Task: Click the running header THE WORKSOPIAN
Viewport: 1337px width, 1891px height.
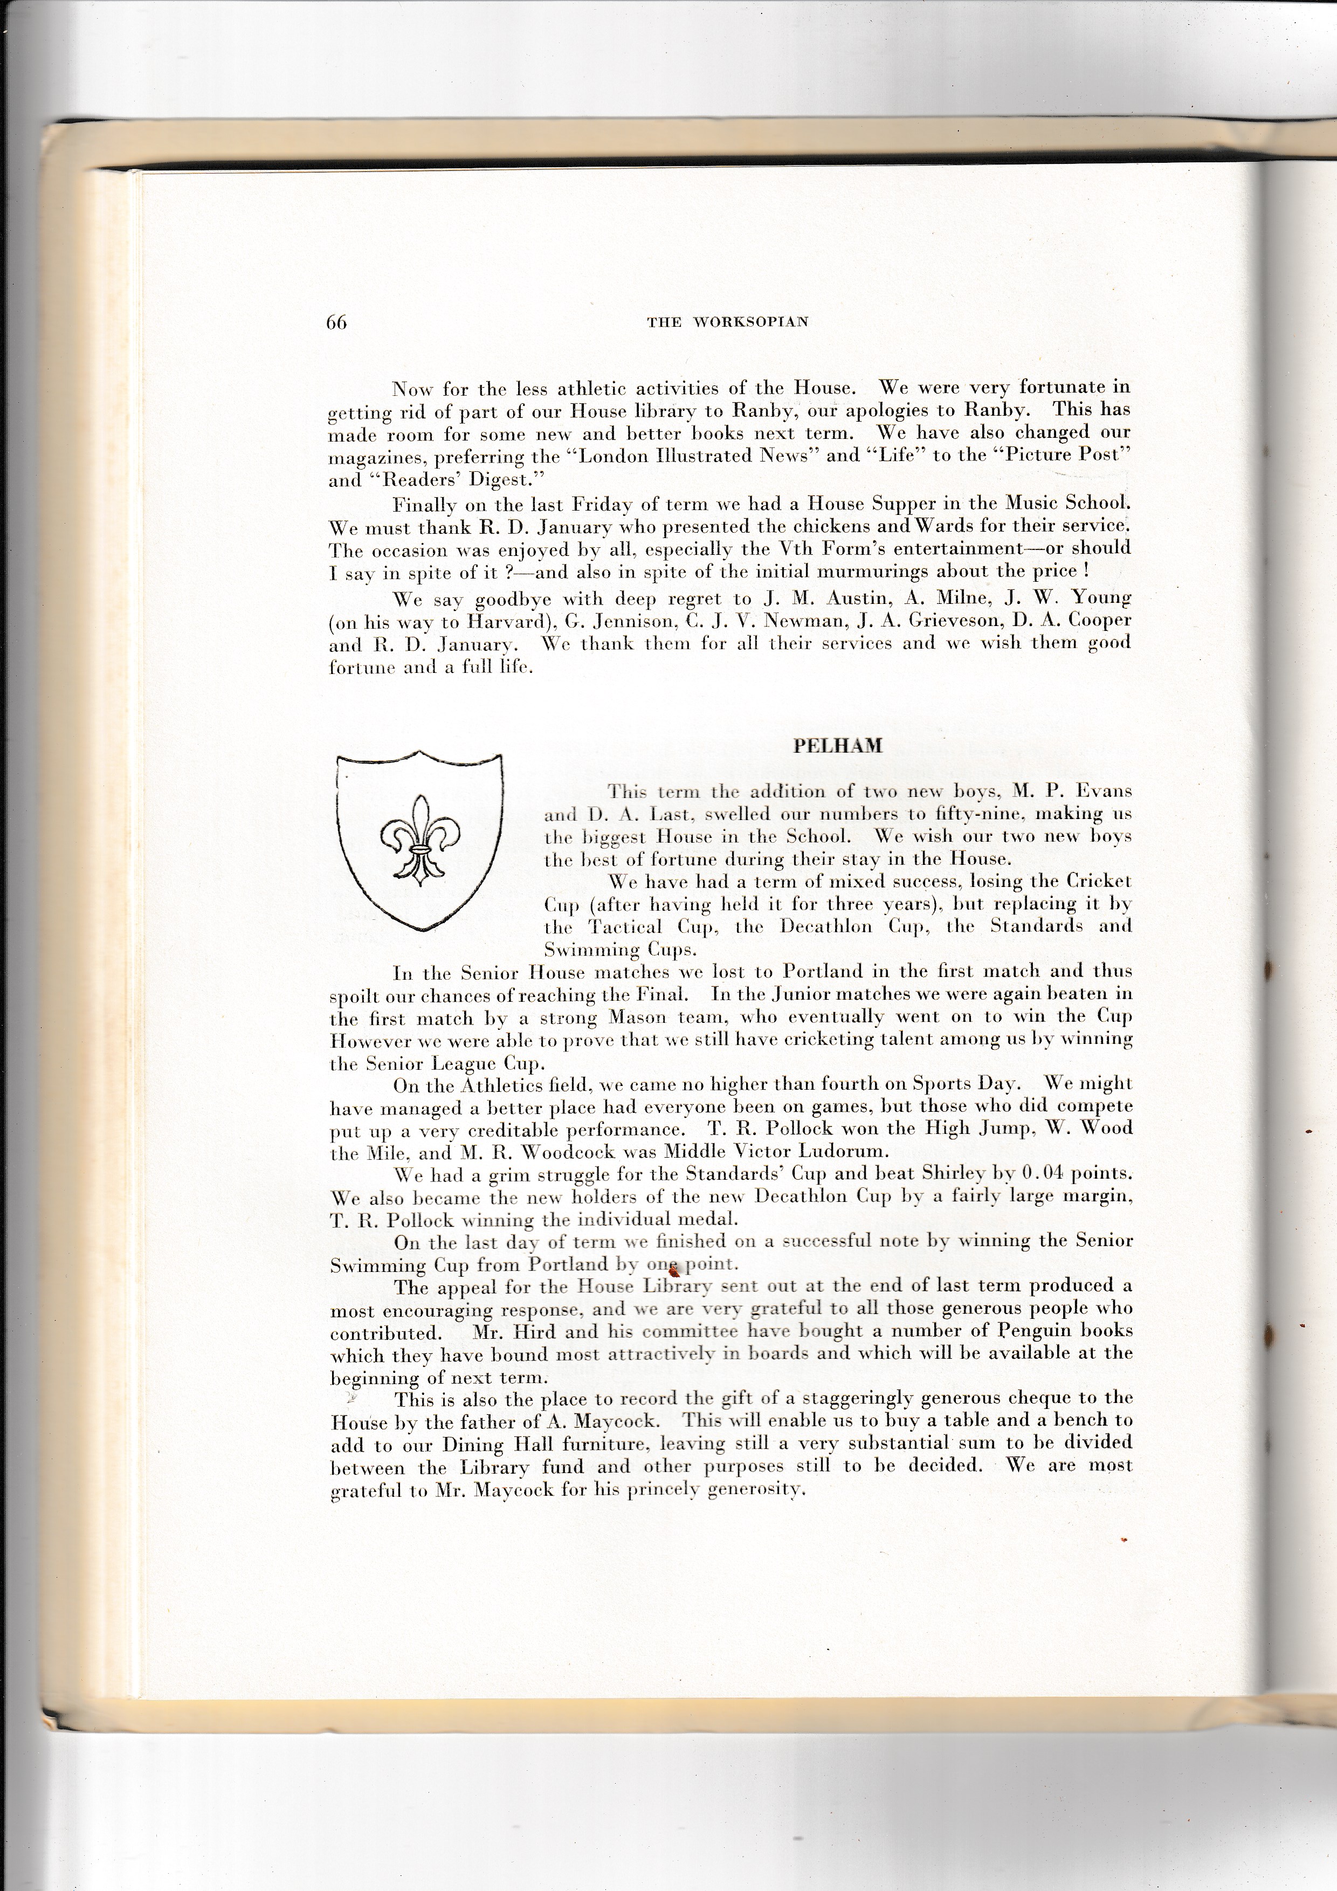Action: (728, 322)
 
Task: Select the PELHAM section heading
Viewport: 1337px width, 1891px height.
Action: (837, 746)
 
